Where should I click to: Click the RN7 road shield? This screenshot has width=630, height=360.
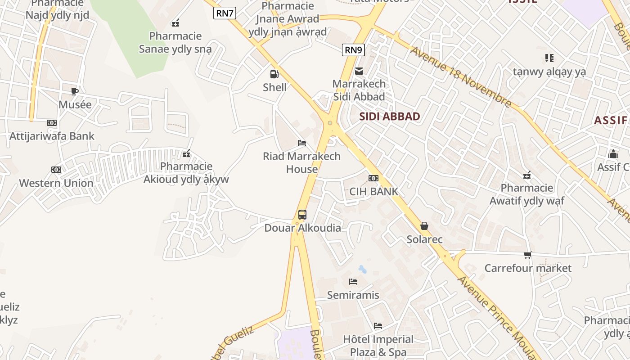225,13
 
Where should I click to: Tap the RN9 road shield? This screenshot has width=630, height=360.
353,50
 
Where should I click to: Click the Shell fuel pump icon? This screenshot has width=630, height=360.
274,74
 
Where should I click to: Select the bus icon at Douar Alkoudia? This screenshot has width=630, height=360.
302,215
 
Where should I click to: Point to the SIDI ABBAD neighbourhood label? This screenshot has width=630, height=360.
390,117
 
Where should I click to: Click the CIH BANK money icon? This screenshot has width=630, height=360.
373,178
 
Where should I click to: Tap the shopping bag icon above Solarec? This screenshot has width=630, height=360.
424,226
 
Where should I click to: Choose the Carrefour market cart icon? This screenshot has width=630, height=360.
528,255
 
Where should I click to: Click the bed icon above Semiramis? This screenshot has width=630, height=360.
353,282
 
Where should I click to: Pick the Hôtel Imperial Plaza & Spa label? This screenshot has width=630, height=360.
378,346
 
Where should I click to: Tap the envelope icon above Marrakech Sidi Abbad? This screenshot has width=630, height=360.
359,71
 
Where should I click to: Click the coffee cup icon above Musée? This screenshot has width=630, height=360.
75,91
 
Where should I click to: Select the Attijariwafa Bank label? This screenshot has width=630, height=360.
52,136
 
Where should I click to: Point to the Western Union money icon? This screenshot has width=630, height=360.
56,170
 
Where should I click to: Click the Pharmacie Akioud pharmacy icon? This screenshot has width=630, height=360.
186,154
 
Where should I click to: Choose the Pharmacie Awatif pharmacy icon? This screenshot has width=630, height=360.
527,175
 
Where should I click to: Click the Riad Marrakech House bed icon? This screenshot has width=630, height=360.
302,143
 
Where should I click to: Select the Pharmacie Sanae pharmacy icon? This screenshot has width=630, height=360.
175,22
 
